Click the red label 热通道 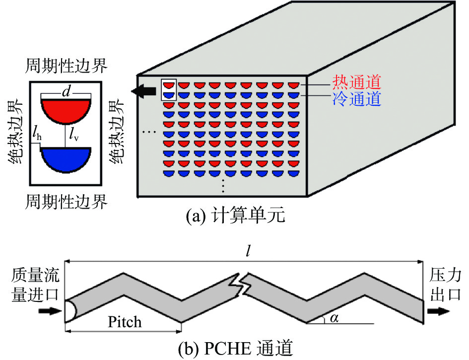click(x=356, y=82)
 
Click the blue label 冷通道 click(x=356, y=99)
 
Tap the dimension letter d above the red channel click(x=66, y=91)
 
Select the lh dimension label click(x=37, y=136)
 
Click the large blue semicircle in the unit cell click(x=66, y=160)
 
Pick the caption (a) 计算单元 click(x=235, y=215)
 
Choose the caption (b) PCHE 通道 click(x=235, y=348)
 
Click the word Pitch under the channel click(x=125, y=322)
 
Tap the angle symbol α click(x=334, y=318)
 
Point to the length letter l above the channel click(x=248, y=252)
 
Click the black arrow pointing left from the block click(x=143, y=91)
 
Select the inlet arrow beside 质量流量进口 click(x=50, y=311)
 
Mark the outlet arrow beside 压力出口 click(x=439, y=311)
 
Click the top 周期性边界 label click(x=66, y=66)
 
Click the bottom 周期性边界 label click(x=66, y=202)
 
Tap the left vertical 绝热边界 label click(x=15, y=132)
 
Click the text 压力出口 click(x=445, y=285)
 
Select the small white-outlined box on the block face click(x=169, y=90)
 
